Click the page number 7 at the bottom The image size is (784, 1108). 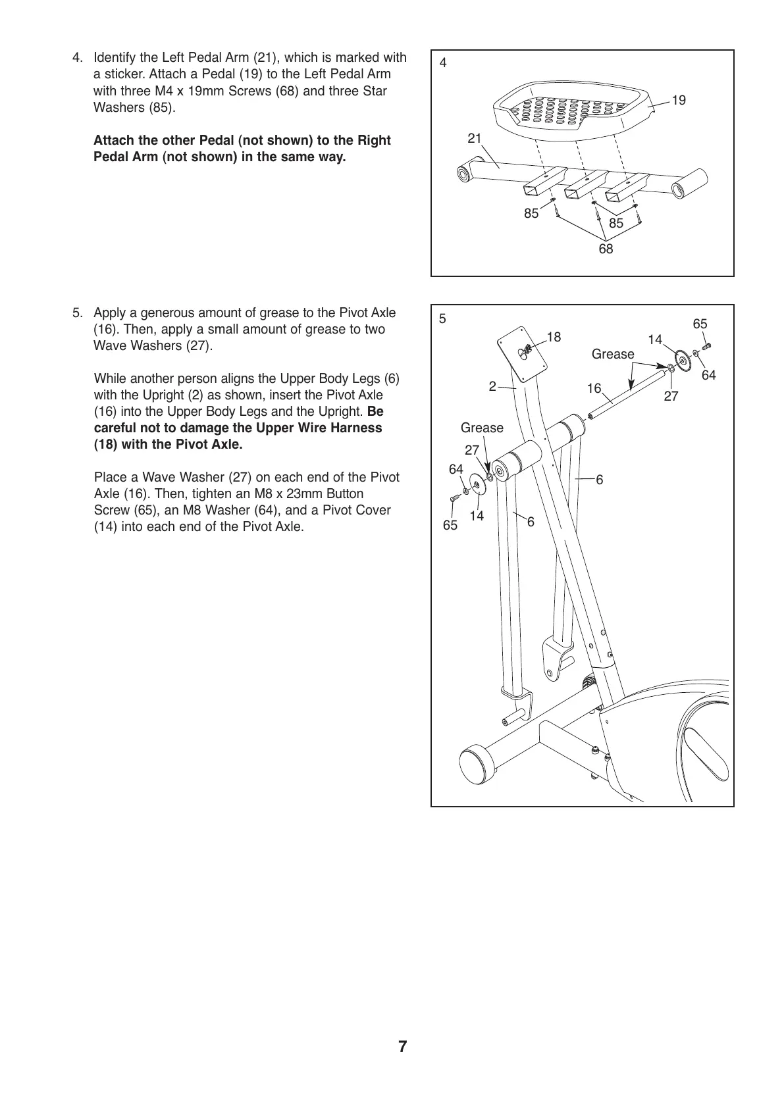click(x=402, y=1047)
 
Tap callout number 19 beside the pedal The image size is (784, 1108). click(x=679, y=100)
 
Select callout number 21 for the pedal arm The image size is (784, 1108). click(x=475, y=138)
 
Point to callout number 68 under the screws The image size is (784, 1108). click(x=606, y=249)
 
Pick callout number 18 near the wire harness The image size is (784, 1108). click(x=554, y=337)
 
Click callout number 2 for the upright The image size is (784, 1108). click(x=492, y=387)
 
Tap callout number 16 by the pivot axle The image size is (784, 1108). click(x=594, y=388)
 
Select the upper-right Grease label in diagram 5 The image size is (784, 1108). click(x=613, y=354)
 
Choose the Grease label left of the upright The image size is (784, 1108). click(x=482, y=428)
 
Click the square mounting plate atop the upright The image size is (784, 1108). click(x=523, y=351)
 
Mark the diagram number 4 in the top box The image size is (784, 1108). click(x=443, y=63)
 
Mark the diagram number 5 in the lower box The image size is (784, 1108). click(x=443, y=319)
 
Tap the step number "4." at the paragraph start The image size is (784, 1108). click(x=78, y=58)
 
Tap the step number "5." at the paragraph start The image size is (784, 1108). click(x=78, y=313)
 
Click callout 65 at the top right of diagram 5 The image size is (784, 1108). click(x=700, y=324)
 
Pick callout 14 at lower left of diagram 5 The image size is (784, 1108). click(x=477, y=516)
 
